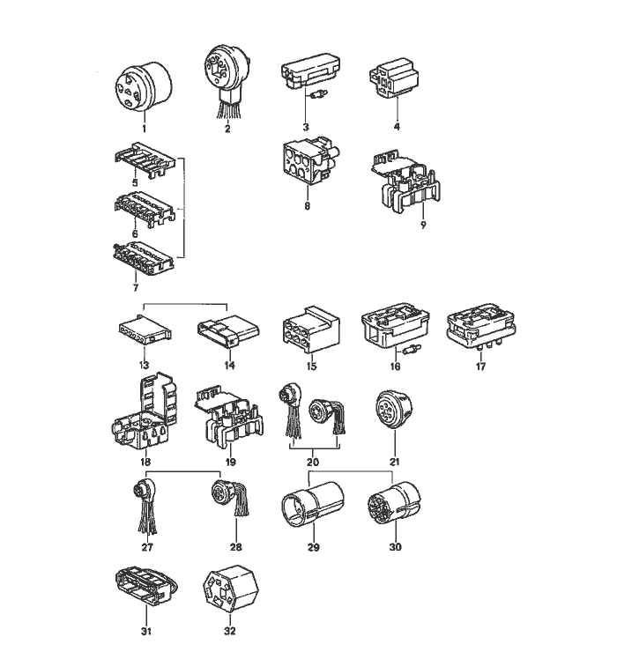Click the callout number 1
coord(144,129)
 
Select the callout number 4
coord(396,127)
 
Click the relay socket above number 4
coord(394,78)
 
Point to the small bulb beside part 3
coord(319,94)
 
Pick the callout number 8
coord(307,206)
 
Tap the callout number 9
coord(423,225)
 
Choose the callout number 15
coord(311,367)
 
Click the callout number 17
coord(480,367)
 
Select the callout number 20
coord(313,463)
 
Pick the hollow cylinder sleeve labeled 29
coord(312,503)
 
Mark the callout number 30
coord(396,547)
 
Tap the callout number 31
coord(145,631)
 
